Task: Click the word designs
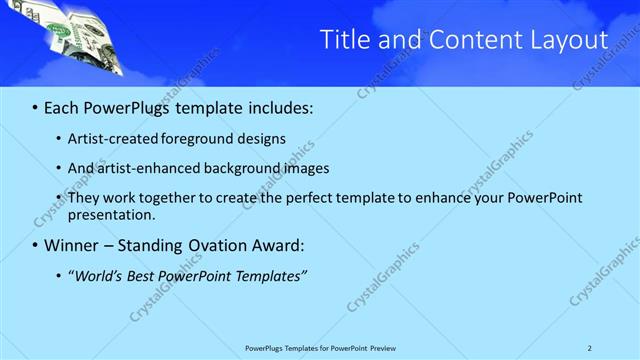coord(262,139)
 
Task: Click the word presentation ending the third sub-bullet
coord(110,214)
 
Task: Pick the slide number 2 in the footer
coord(590,348)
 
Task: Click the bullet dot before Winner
coord(36,245)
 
